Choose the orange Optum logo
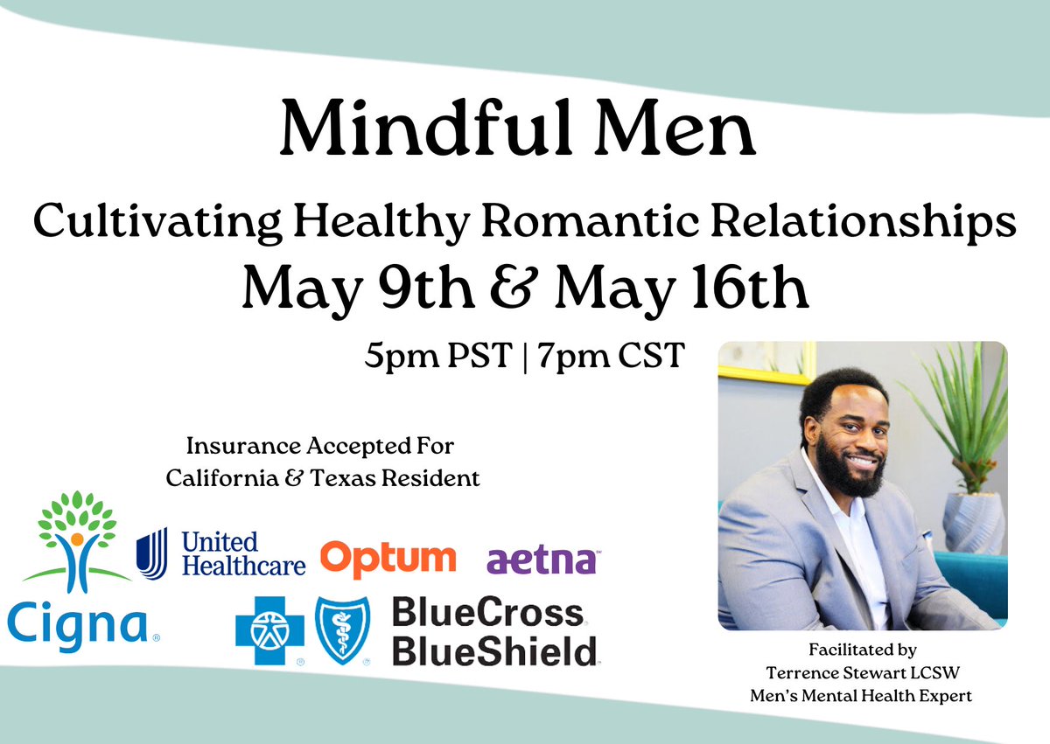[388, 558]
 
